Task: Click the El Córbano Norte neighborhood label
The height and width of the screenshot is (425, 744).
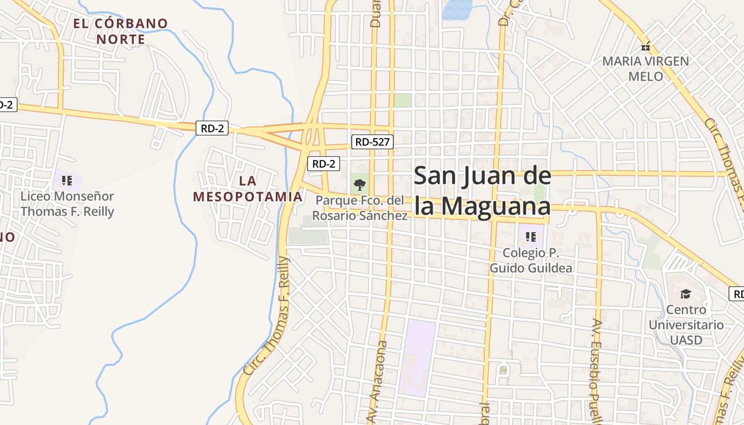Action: [120, 31]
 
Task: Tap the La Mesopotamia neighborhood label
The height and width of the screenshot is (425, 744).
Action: [248, 189]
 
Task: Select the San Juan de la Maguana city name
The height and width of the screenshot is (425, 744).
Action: [482, 191]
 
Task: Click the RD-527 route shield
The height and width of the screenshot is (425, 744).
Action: [372, 142]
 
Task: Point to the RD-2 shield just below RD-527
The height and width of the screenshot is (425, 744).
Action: [324, 164]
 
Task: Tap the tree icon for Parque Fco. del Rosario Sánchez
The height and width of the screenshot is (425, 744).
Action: [360, 185]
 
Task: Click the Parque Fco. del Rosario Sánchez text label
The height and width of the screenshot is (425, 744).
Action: [360, 208]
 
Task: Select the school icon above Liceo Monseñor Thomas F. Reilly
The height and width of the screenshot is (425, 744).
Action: [67, 181]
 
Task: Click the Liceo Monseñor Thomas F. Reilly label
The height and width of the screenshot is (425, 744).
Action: [67, 204]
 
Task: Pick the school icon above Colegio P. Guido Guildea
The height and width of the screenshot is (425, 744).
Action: [530, 237]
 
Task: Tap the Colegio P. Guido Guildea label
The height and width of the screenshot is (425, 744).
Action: [531, 260]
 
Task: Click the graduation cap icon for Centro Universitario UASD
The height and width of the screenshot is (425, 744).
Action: [686, 294]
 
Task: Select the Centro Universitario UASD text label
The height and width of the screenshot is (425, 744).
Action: [686, 325]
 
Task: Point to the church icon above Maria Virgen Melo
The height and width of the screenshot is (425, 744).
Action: [646, 46]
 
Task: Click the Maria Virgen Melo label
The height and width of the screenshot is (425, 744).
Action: [646, 69]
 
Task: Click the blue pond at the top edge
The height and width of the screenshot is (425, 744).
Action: [457, 9]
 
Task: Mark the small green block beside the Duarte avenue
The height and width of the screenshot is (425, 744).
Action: [403, 100]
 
